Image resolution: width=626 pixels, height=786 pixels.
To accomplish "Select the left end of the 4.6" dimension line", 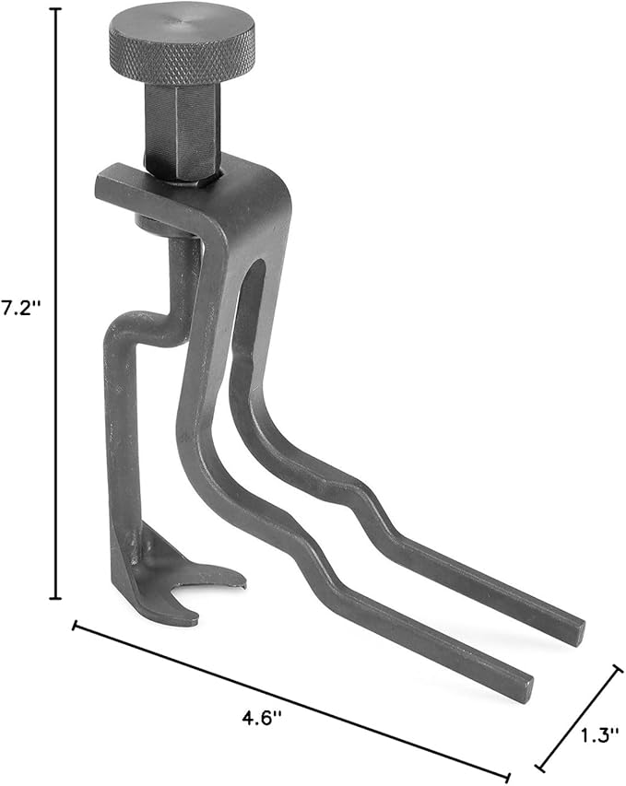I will (x=75, y=628).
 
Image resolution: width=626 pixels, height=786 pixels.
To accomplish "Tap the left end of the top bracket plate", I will (x=101, y=184).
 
